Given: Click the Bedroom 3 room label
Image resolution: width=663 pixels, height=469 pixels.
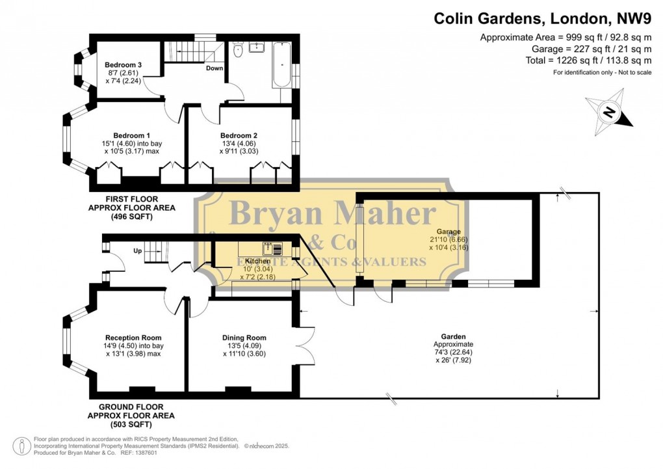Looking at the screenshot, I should point(123,64).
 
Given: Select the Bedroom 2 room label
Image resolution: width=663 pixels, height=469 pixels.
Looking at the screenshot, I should point(239,135).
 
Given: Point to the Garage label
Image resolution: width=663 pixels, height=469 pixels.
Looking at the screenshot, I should point(448,232).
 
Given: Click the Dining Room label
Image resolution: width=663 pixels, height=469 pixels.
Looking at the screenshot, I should point(244,338).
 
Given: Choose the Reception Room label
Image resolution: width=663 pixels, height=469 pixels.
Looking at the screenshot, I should point(133,338).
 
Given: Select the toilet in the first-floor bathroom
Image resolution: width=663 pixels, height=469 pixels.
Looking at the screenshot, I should point(238,50).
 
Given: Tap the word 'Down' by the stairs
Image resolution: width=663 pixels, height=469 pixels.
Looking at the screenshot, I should point(214,68).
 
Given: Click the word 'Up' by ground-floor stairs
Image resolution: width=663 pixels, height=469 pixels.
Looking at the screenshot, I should point(137,250).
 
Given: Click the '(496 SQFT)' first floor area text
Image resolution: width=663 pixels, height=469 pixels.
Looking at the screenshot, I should point(132,217).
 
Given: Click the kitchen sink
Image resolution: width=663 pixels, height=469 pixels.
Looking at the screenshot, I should point(266,248).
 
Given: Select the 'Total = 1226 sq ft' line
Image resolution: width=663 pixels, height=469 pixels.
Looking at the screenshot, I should point(588,60).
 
